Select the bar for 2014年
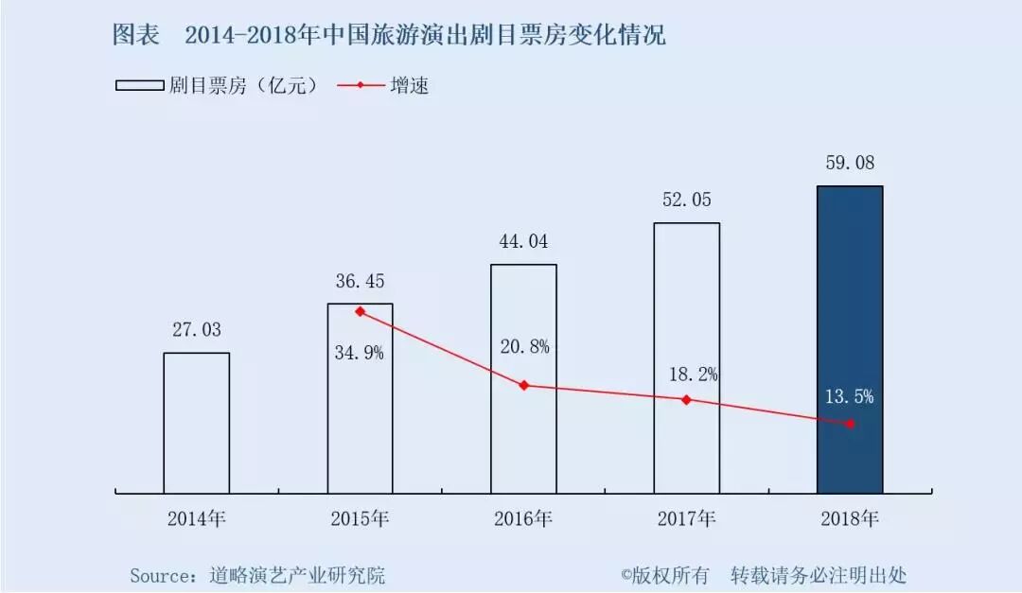(196, 423)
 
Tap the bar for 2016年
(523, 378)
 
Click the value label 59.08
(850, 164)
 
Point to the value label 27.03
(196, 330)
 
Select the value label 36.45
(360, 281)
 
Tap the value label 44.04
(523, 241)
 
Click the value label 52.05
(686, 201)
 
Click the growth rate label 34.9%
(360, 354)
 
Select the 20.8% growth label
(524, 347)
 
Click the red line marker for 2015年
(360, 311)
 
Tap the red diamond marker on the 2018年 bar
(850, 424)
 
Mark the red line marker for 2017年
(686, 399)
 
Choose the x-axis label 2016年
(523, 518)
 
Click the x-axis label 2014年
(196, 518)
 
